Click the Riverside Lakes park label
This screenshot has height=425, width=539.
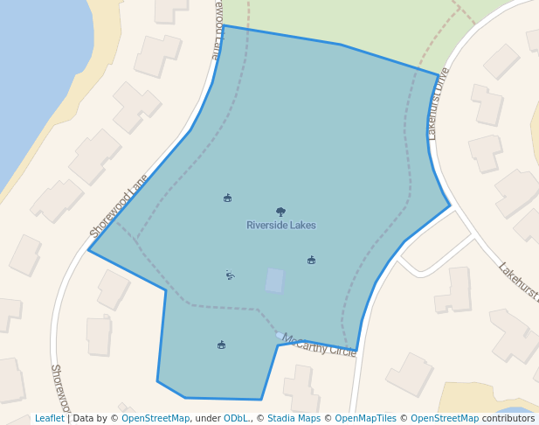coord(280,225)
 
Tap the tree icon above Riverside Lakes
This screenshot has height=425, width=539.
coord(280,212)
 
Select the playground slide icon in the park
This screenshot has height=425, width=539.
coord(230,275)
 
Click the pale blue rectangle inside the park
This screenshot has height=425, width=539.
coord(274,281)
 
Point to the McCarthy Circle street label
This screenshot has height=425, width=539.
coord(320,345)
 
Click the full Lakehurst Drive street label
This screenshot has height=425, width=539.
coord(438,104)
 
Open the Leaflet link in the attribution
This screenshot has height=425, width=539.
coord(49,418)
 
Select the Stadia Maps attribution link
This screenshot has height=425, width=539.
coord(294,418)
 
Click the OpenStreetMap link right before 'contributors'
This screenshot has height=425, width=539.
coord(445,418)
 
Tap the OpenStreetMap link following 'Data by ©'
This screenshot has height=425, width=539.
coord(155,418)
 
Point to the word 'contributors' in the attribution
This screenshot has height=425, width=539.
coord(508,418)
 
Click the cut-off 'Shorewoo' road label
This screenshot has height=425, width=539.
coord(59,388)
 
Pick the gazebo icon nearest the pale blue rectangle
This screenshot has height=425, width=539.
coord(311,260)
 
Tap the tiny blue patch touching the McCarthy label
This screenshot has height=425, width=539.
coord(280,335)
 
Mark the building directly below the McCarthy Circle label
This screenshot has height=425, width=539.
coord(301,387)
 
